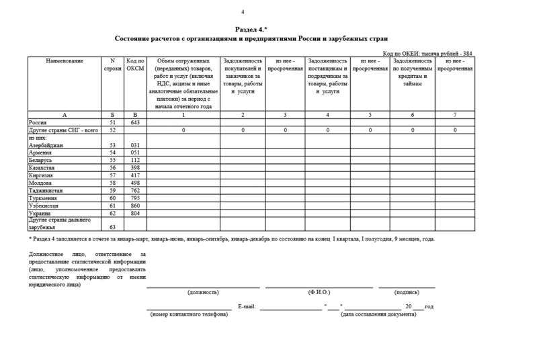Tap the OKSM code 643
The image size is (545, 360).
tap(135, 123)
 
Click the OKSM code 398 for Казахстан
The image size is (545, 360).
tap(135, 168)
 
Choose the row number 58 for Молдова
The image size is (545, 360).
tap(113, 183)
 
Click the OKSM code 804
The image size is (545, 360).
tap(135, 213)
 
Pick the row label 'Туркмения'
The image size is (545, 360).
tap(42, 198)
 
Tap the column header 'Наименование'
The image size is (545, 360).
tap(65, 61)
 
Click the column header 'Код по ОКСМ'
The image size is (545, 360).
tap(135, 65)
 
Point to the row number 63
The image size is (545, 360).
tap(113, 227)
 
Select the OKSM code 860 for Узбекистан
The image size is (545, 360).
tap(135, 206)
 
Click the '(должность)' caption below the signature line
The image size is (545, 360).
tap(204, 292)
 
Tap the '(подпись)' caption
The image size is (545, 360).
tap(407, 292)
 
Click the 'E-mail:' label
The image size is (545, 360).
tap(247, 306)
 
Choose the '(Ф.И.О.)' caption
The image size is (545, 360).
tap(319, 292)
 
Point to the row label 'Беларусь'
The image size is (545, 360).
tap(40, 161)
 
